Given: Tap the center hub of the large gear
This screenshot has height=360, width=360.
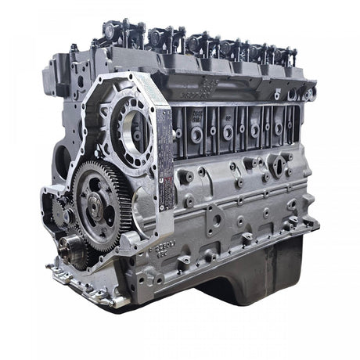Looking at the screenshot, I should (95, 206).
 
